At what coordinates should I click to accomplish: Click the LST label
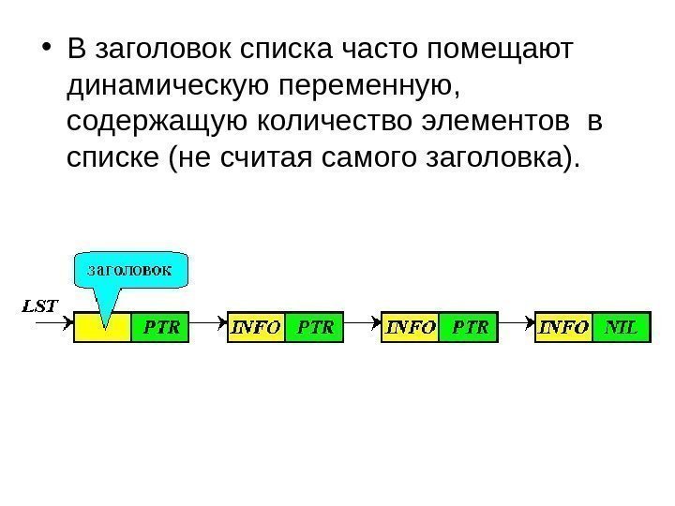coord(39,305)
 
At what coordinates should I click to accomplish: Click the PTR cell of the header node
coord(160,327)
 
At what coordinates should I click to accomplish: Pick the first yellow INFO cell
coord(256,327)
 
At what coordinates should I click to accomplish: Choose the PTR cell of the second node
coord(315,327)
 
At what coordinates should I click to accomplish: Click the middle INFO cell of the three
coord(411,327)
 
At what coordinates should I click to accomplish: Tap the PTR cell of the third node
coord(470,327)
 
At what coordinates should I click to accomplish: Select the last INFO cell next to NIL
coord(564,327)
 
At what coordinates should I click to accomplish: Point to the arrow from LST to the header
coord(52,322)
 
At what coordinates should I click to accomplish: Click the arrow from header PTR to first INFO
coord(208,328)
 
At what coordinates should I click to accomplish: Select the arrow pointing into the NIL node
coord(517,328)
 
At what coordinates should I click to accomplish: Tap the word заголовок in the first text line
coord(157,49)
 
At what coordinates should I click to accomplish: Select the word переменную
coord(358,86)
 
